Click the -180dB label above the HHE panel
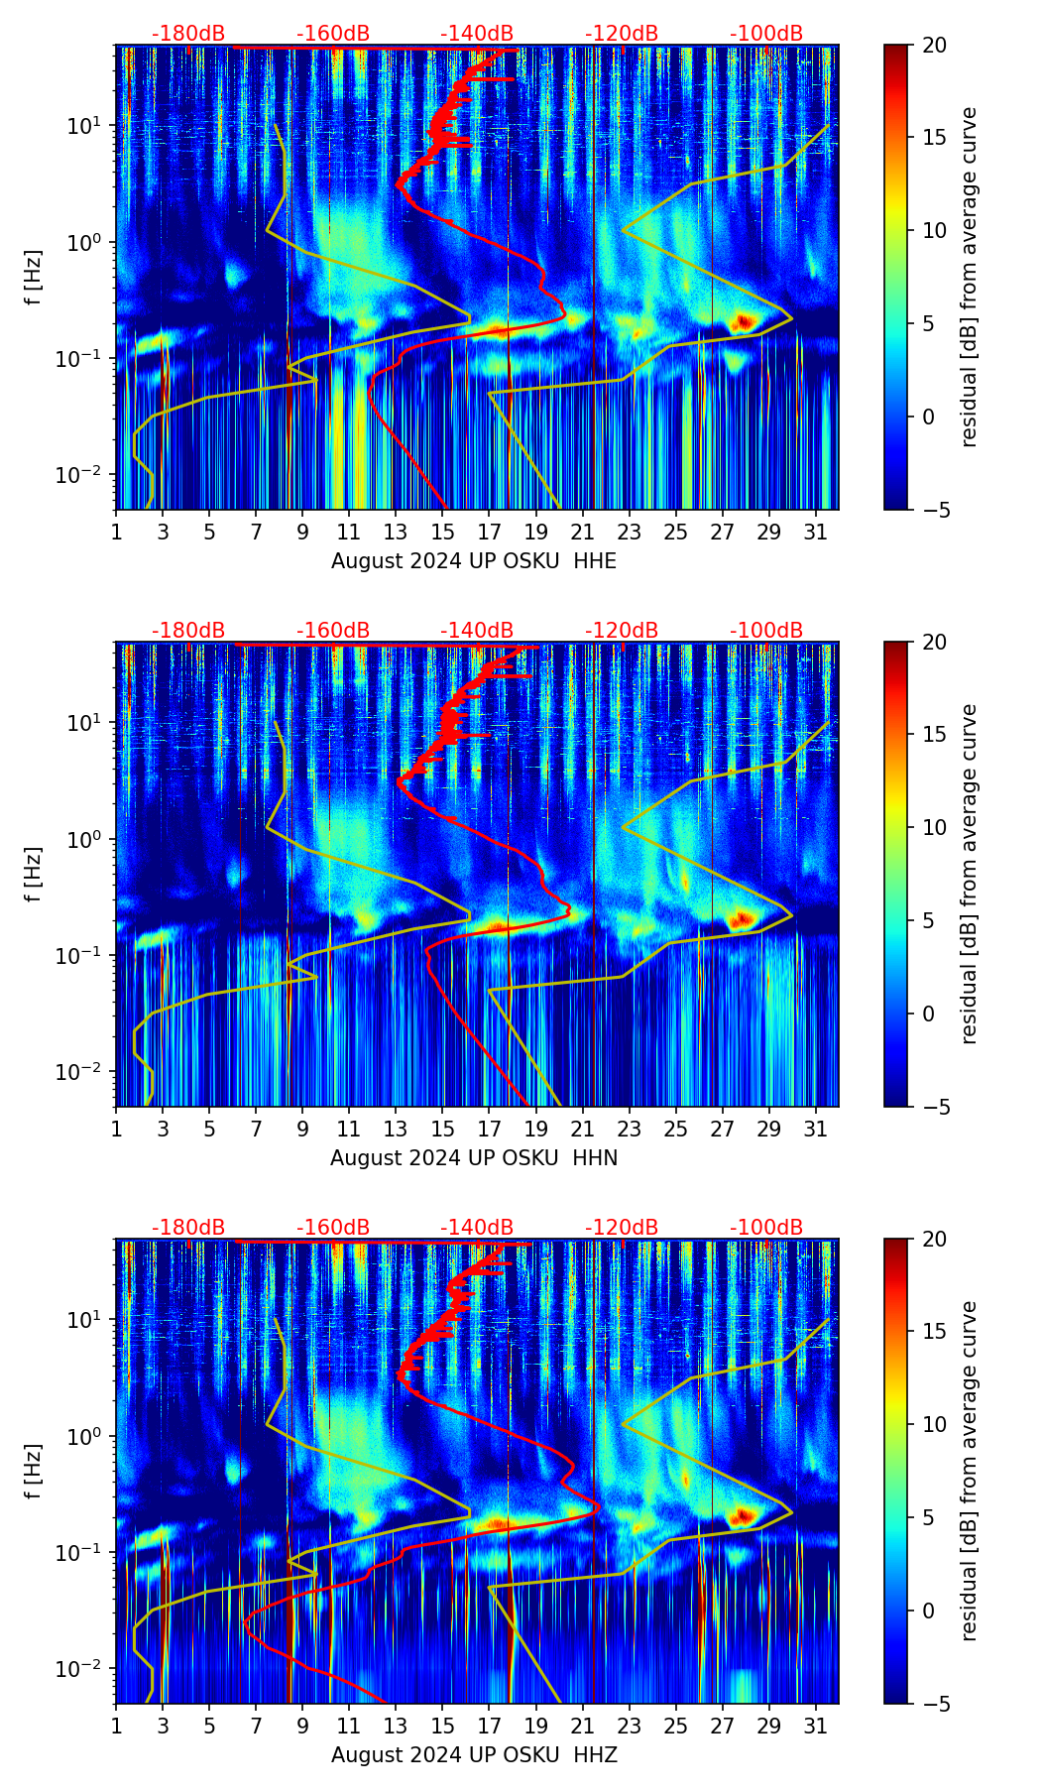coord(188,34)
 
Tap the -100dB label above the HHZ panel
coord(766,1228)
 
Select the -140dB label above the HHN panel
coord(477,631)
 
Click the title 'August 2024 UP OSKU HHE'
coord(474,561)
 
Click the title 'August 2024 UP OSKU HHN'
coord(474,1158)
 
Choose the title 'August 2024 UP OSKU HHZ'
coord(474,1755)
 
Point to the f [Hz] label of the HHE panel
coord(35,278)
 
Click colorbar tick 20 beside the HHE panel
coord(934,45)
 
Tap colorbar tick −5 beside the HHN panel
coord(930,1107)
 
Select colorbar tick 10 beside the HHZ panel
coord(934,1424)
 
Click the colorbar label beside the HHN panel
coord(969,874)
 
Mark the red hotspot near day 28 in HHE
coord(744,321)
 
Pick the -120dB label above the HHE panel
coord(622,34)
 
